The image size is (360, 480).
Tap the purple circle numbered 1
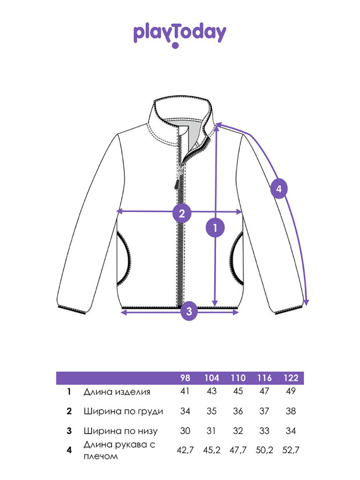point(215,228)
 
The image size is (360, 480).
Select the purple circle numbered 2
point(182,213)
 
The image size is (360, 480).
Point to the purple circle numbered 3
point(189,311)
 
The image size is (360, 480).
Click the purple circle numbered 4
point(279,189)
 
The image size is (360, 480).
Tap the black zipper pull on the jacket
point(177,185)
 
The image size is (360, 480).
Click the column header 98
point(185,378)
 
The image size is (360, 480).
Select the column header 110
point(238,378)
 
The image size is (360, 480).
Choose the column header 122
point(291,378)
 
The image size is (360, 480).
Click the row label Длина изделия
point(117,392)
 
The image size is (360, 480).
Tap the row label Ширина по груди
point(123,411)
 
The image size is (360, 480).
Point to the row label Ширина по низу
point(121,431)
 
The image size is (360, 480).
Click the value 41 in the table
point(185,391)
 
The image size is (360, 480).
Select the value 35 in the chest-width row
point(211,411)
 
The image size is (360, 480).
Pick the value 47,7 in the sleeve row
point(238,450)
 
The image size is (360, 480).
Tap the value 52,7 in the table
point(291,450)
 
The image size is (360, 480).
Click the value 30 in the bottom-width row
point(185,430)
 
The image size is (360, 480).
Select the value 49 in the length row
point(291,391)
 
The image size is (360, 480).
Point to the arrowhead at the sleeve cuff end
point(307,303)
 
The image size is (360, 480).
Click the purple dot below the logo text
point(175,45)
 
